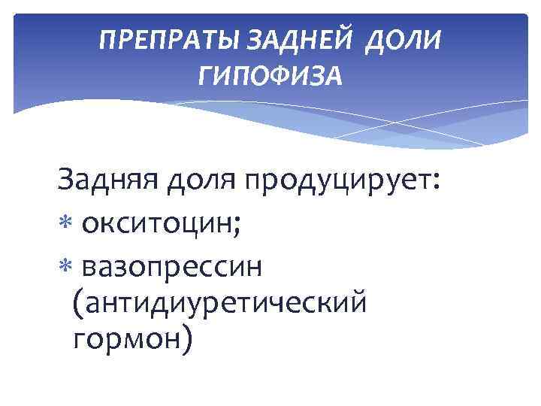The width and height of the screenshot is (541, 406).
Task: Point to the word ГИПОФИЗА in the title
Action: point(270,74)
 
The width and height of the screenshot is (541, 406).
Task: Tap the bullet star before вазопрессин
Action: point(65,267)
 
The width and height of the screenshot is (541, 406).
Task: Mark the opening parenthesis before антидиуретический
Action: point(80,304)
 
